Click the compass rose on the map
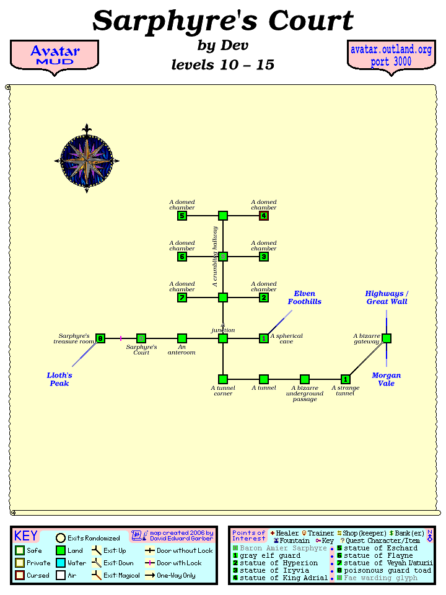coord(87,159)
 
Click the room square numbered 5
coord(182,216)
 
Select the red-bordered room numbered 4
coord(264,216)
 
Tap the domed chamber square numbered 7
coord(182,297)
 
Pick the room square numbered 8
coord(100,338)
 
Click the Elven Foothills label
coord(304,297)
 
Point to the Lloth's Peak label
coord(59,379)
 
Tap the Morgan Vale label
coord(387,379)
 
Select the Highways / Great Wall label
coord(387,297)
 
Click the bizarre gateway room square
coord(387,338)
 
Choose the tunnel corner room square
coord(223,379)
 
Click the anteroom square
coord(182,338)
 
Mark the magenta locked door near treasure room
coord(121,338)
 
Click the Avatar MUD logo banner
coord(55,56)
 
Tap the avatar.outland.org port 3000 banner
coord(391,56)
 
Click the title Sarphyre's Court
coord(223,21)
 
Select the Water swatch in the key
coord(61,563)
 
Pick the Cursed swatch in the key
coord(20,575)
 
